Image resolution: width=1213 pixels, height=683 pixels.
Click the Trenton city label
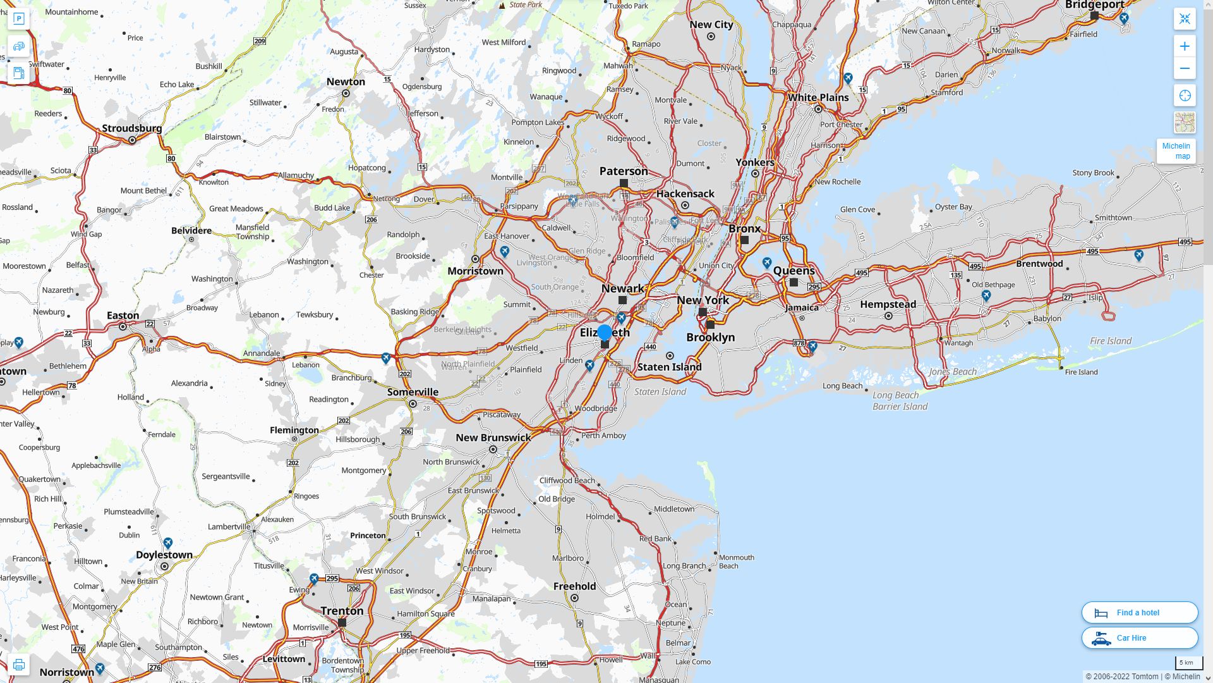[342, 611]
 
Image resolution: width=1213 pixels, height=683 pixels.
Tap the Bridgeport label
[1094, 5]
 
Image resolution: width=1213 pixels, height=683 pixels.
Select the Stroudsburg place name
[132, 128]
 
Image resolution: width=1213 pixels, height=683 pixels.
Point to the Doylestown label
[164, 555]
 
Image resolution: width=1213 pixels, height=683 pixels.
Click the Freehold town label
[574, 586]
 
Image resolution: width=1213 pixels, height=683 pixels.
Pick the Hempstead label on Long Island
[888, 304]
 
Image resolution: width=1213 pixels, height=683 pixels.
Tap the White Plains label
[818, 97]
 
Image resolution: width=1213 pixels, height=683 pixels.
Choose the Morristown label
[475, 271]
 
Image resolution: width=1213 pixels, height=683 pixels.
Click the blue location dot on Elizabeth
[605, 333]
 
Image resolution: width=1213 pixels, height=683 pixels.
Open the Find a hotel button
[1139, 613]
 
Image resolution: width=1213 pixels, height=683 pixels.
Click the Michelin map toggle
[1176, 151]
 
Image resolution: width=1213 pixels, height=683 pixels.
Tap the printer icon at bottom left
[18, 665]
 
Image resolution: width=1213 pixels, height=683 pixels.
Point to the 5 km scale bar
[1185, 663]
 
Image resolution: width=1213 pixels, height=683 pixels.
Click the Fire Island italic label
[1111, 341]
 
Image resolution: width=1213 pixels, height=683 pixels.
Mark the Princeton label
[368, 536]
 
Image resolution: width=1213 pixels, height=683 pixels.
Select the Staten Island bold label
[669, 367]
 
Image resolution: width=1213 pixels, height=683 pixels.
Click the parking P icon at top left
[18, 19]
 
